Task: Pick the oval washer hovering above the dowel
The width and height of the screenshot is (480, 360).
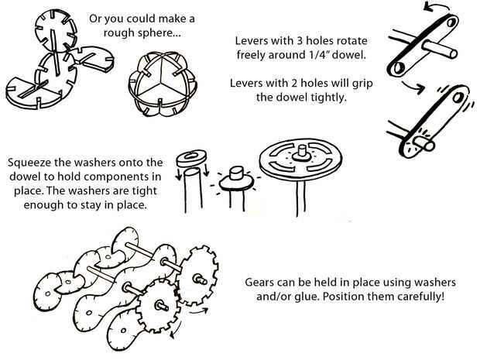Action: pyautogui.click(x=193, y=157)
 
